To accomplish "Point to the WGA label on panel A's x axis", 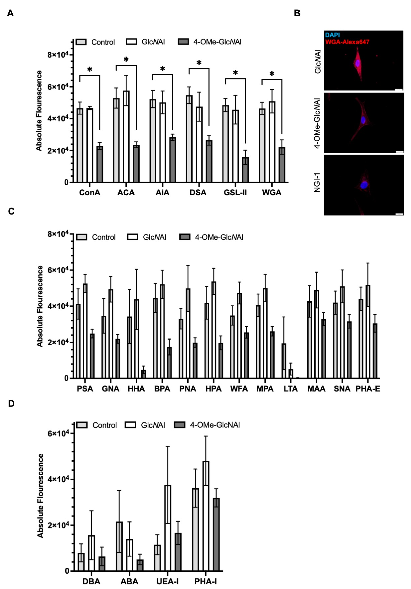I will [272, 192].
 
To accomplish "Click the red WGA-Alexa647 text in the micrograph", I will [347, 42].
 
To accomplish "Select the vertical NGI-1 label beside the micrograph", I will [317, 183].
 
